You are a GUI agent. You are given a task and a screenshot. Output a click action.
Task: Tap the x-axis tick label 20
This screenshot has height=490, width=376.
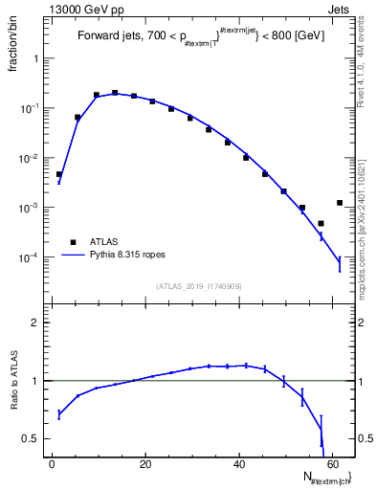point(145,464)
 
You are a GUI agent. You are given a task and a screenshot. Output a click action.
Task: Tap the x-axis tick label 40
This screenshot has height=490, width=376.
point(239,464)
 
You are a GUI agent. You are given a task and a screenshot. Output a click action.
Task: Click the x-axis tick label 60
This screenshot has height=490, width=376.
point(332,464)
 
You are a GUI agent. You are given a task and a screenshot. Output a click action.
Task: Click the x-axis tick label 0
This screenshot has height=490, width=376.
point(53,464)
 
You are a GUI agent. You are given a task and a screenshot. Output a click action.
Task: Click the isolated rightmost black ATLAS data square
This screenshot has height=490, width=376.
point(340,203)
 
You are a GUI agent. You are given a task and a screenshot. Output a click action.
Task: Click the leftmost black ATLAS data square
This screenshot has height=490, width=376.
point(59,175)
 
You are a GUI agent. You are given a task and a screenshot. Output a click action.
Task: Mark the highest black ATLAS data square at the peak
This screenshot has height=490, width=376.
point(115,93)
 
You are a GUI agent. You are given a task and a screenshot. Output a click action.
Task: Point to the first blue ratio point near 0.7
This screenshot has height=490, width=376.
point(59,414)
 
